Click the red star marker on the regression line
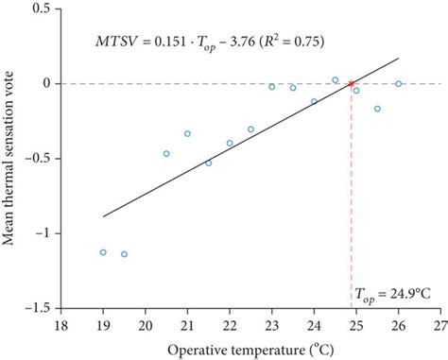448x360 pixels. [x=352, y=83]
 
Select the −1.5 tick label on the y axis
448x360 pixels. [x=37, y=307]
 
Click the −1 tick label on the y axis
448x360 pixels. [x=42, y=232]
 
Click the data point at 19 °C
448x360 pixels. [x=103, y=252]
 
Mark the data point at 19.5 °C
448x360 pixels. [x=124, y=254]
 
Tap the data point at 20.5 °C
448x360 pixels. [x=166, y=153]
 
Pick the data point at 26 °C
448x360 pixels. [x=399, y=83]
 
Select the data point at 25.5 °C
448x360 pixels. [x=377, y=109]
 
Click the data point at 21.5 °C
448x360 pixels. [x=209, y=163]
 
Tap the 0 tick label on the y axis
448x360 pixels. [x=45, y=83]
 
